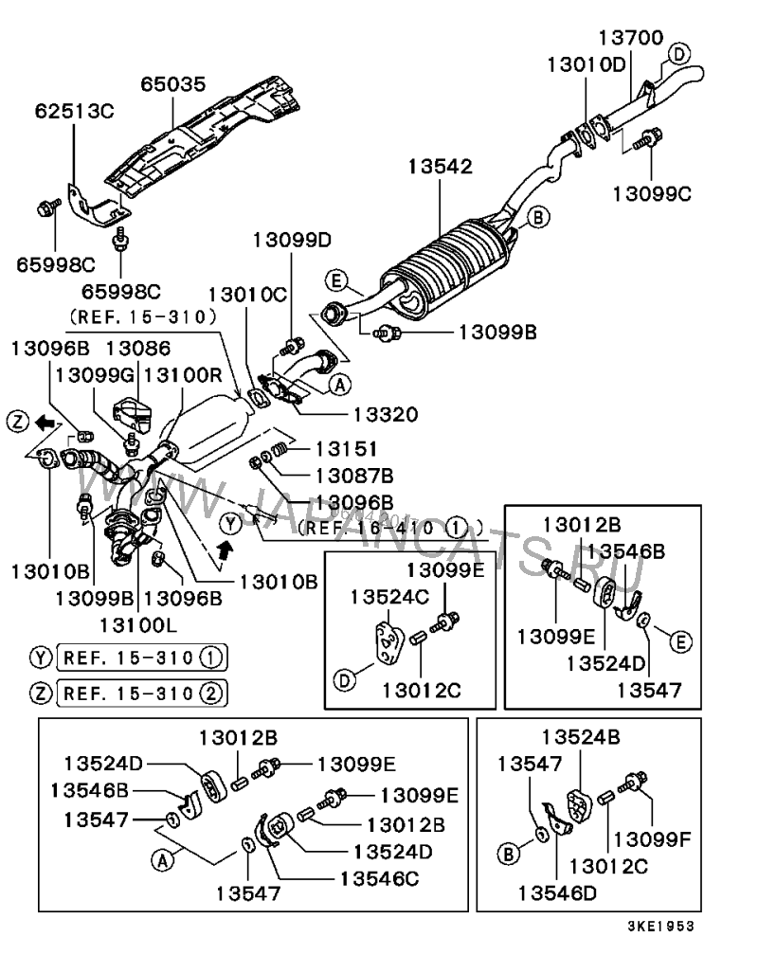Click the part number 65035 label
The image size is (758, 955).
pyautogui.click(x=173, y=84)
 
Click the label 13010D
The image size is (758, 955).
pyautogui.click(x=586, y=64)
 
